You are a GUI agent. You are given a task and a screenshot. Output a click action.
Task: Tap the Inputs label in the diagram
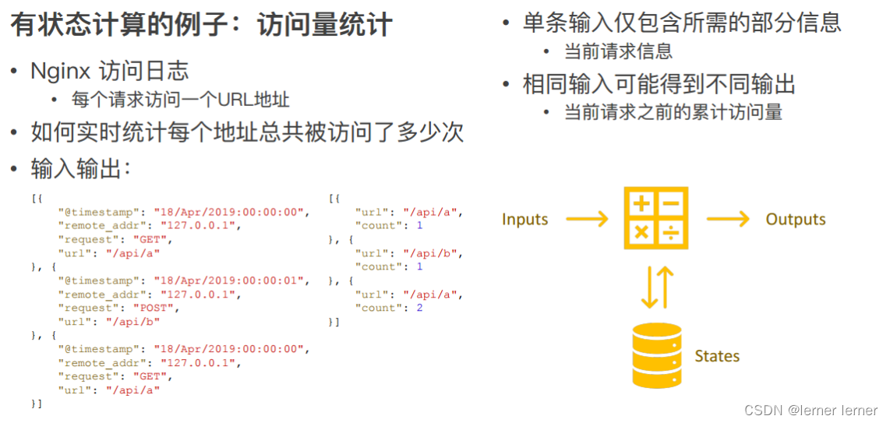524,219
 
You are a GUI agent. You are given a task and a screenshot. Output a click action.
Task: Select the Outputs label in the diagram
795,219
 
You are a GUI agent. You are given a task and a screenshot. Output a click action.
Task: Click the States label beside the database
716,356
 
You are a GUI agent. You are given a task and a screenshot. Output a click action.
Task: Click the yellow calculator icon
655,217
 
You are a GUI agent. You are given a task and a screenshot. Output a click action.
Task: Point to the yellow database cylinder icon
656,355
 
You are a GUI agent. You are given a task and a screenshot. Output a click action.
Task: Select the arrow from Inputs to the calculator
586,219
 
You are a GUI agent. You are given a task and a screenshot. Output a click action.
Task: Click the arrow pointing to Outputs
727,219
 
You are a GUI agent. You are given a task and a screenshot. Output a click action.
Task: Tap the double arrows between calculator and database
656,287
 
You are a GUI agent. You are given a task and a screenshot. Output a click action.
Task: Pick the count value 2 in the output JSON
419,308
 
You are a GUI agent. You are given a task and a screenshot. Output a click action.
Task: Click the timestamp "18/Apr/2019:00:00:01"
231,280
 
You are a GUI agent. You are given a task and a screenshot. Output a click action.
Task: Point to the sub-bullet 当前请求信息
617,52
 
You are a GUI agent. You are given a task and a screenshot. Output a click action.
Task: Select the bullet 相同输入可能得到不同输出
659,83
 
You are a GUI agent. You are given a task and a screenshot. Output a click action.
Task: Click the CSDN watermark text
811,410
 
